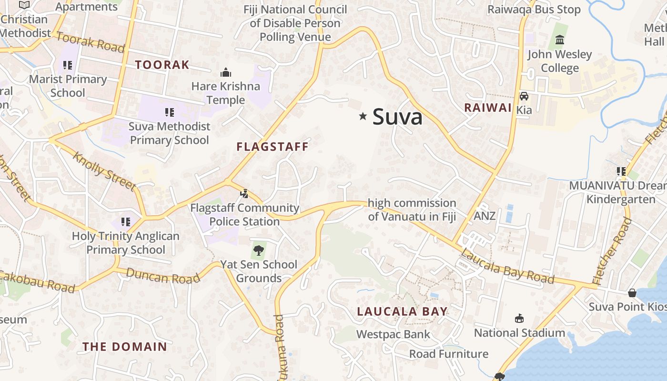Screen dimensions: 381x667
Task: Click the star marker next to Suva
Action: coord(363,116)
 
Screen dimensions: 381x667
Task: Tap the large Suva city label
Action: coord(397,117)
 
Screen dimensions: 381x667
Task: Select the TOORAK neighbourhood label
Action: coord(162,65)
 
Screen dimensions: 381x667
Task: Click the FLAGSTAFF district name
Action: coord(273,147)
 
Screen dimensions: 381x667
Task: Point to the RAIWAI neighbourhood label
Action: coord(488,108)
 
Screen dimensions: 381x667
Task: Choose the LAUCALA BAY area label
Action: coord(403,311)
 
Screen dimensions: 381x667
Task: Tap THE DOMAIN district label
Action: coord(125,347)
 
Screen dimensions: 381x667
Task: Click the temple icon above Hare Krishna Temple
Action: coord(226,72)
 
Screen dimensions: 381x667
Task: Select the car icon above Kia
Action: coord(524,96)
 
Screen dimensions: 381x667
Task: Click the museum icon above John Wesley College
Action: coord(560,40)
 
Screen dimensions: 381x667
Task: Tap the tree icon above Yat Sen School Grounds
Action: coord(259,250)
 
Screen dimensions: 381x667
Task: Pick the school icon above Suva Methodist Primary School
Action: coord(169,112)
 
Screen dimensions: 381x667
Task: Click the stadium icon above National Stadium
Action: coord(519,318)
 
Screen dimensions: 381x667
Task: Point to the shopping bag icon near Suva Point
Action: coord(632,292)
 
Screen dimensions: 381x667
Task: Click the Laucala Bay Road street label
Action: coord(507,266)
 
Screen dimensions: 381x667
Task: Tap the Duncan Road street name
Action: coord(163,276)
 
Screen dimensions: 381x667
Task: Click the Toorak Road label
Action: coord(91,42)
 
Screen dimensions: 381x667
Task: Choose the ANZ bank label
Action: coord(485,216)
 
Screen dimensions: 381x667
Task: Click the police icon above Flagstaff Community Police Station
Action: coord(244,193)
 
